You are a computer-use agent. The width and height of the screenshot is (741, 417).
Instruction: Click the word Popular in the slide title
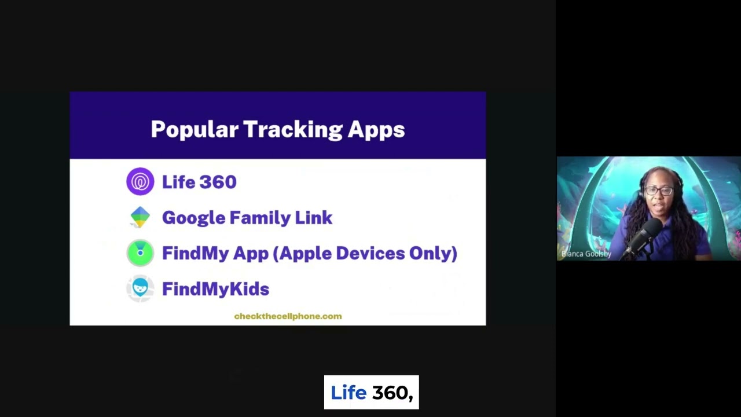click(x=194, y=130)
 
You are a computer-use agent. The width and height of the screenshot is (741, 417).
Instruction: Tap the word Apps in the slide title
click(x=376, y=130)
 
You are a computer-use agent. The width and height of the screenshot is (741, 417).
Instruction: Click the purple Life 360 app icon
click(x=140, y=182)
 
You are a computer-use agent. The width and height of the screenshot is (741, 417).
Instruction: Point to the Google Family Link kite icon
click(x=140, y=217)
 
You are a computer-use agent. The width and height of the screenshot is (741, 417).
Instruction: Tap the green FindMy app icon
click(x=140, y=253)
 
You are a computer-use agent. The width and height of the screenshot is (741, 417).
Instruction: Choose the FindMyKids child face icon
click(x=140, y=288)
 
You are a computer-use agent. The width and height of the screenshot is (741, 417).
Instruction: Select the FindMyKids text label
click(x=215, y=289)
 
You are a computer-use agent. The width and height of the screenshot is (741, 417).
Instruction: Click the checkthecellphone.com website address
click(x=288, y=316)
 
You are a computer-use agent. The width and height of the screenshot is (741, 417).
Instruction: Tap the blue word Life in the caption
click(x=349, y=393)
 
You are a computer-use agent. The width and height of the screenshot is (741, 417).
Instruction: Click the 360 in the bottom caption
click(x=392, y=393)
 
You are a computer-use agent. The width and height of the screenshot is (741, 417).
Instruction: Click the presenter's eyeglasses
click(x=659, y=191)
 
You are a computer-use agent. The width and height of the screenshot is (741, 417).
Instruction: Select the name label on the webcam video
click(x=586, y=254)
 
